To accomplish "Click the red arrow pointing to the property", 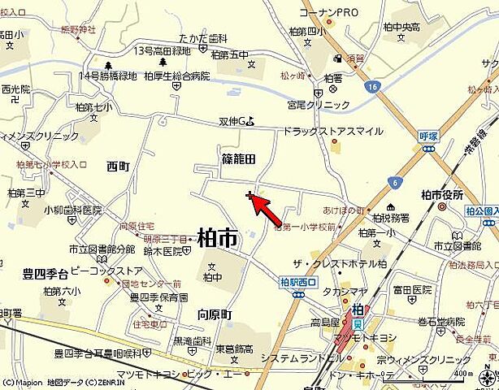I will click(x=267, y=209).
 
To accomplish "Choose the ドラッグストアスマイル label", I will click(x=333, y=131).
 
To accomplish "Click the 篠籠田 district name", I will click(x=238, y=159).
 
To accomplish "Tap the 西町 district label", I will click(x=118, y=166).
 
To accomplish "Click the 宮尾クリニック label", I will click(x=318, y=105).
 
